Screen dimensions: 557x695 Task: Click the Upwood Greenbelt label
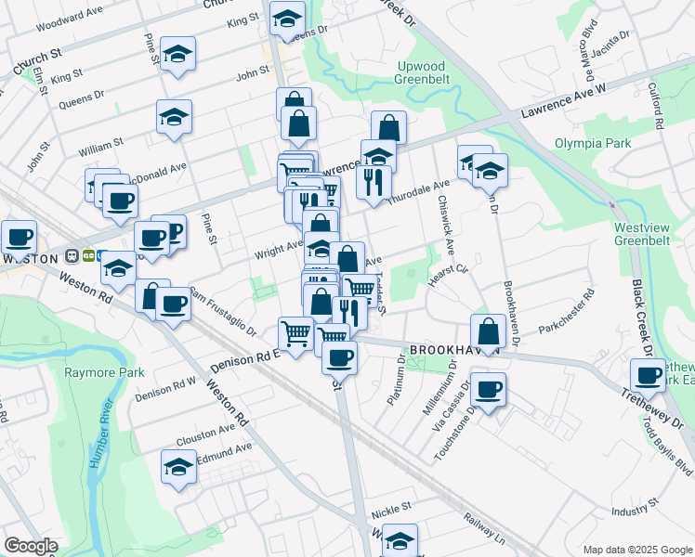tap(421, 72)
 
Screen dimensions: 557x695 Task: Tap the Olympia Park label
tap(593, 143)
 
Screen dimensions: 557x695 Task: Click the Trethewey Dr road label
tap(656, 408)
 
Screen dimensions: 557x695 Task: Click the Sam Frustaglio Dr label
tap(222, 309)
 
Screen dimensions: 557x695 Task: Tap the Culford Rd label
tap(656, 105)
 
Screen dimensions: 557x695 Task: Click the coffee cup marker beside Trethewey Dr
tap(649, 376)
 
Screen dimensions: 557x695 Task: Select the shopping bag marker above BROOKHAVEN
tap(488, 330)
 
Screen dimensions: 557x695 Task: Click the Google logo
tap(31, 546)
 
